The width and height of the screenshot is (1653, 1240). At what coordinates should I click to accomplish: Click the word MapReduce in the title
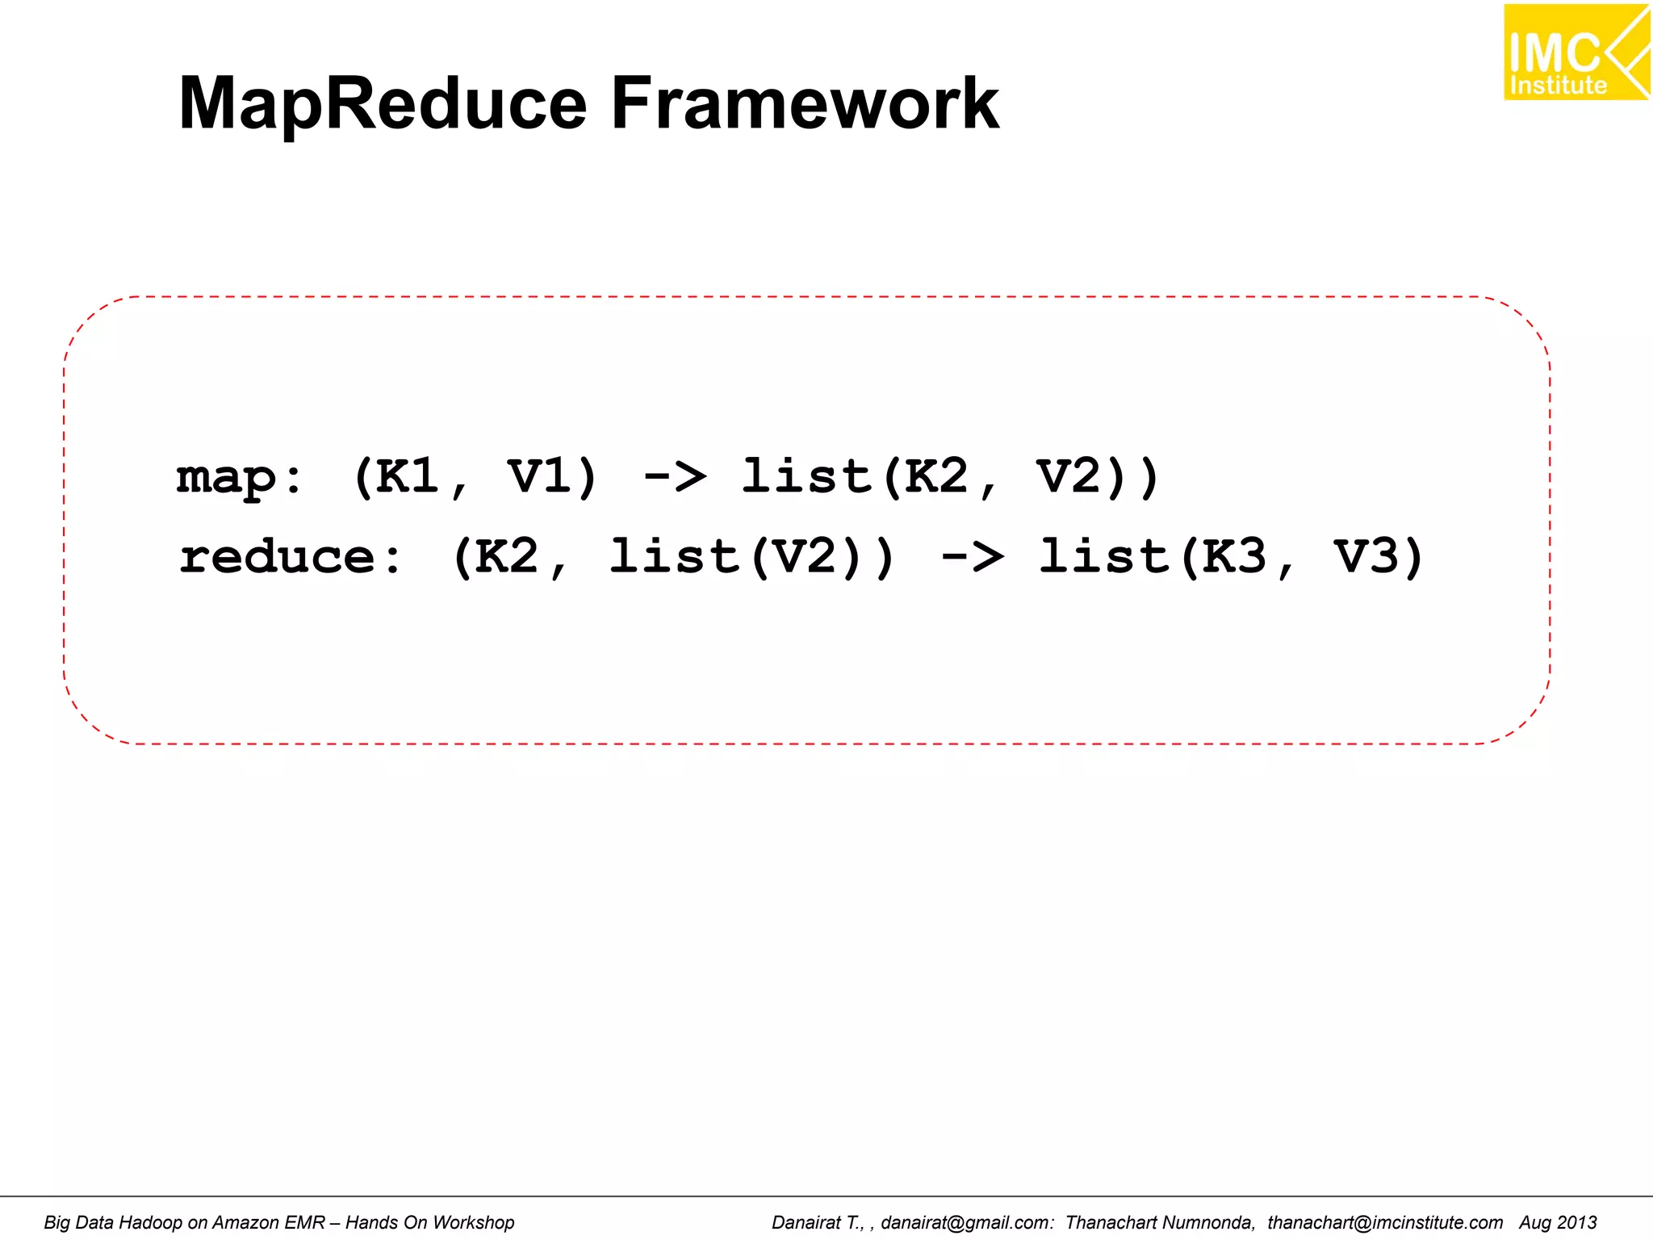coord(383,103)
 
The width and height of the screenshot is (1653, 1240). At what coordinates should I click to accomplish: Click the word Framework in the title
coord(805,103)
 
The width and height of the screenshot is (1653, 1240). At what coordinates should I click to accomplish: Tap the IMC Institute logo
coord(1575,52)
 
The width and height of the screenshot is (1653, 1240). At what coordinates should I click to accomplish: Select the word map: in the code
coord(240,476)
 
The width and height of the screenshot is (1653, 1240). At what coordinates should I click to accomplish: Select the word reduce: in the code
coord(291,557)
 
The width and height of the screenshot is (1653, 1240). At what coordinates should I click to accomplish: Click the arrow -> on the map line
coord(675,476)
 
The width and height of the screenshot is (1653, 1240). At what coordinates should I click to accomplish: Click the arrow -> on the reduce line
coord(973,557)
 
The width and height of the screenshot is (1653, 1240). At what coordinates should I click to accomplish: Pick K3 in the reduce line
coord(1234,557)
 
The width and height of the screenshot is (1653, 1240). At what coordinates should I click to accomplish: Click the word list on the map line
coord(807,476)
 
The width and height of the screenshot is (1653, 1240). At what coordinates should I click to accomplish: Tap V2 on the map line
coord(1069,476)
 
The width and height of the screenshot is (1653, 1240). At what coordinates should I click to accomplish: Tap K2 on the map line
coord(936,476)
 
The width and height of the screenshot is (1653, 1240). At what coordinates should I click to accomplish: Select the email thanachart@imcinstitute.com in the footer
coord(1384,1222)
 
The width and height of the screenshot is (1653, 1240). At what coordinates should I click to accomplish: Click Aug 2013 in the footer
coord(1557,1222)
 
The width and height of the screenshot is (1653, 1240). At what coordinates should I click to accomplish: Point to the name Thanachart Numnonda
coord(1160,1222)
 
